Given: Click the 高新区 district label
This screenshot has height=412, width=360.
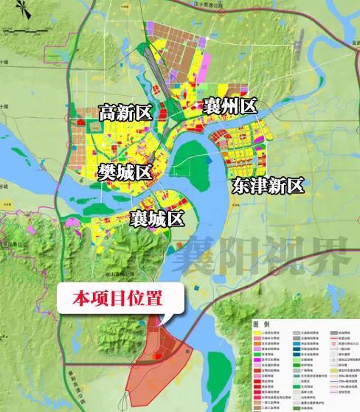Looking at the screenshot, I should (125, 113).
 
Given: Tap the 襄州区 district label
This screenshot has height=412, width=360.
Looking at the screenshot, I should (229, 106).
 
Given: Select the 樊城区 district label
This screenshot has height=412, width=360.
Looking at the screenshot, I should (124, 172).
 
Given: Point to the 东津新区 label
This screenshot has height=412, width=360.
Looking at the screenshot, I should (267, 185).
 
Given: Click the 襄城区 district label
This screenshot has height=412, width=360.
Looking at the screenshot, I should (156, 218).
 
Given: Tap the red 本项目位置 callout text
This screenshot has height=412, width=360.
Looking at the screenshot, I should (117, 298).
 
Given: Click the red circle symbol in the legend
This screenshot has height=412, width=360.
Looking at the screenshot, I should (333, 343).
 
